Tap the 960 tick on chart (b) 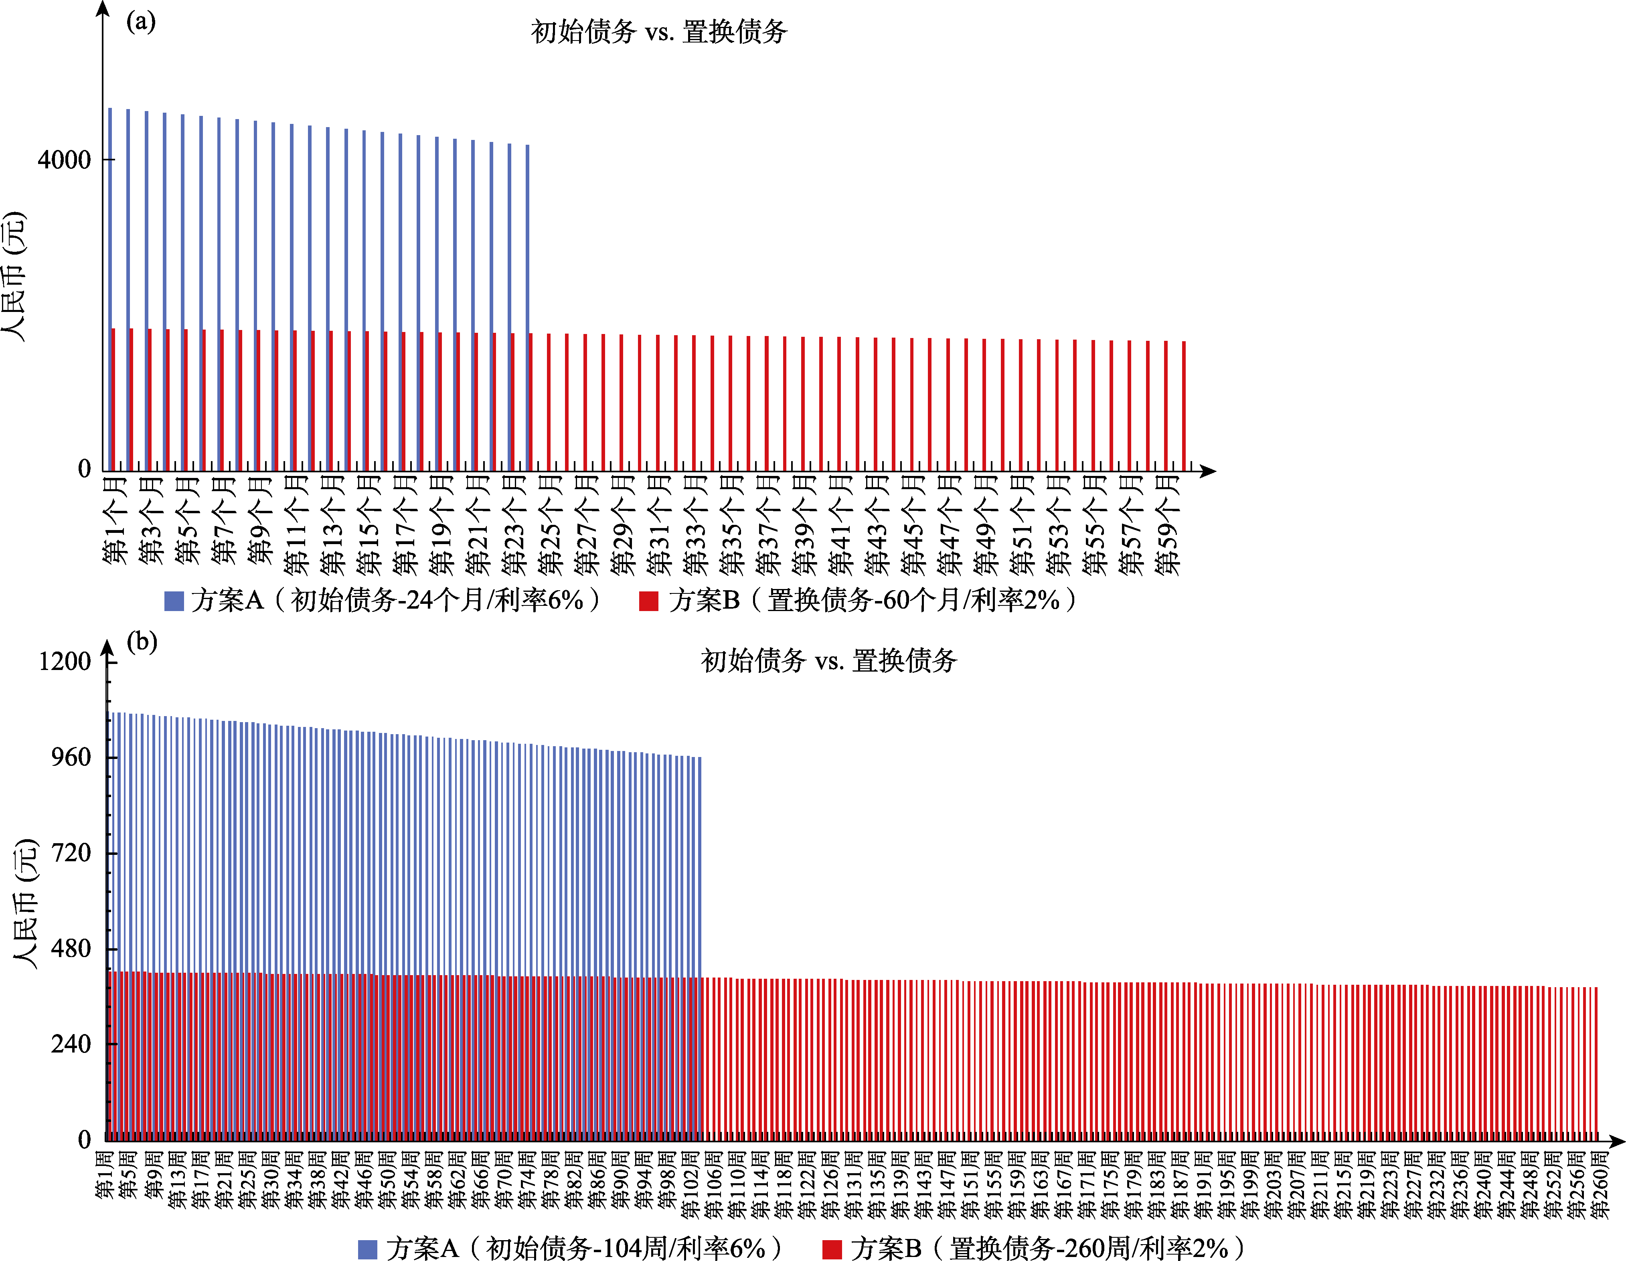click(71, 757)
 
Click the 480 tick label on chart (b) click(71, 948)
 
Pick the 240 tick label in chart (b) click(71, 1044)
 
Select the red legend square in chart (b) click(832, 1248)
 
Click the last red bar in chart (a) click(1184, 406)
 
